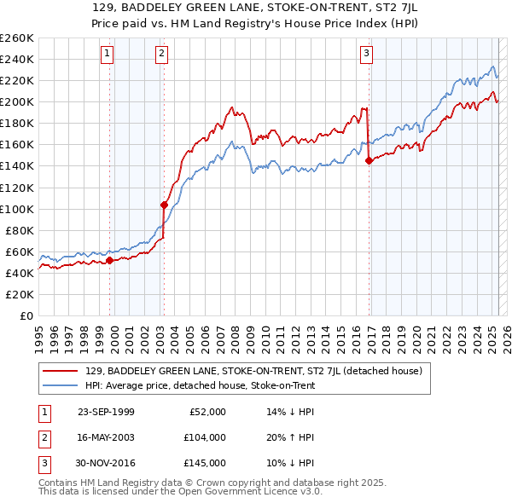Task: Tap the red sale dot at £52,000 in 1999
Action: click(109, 260)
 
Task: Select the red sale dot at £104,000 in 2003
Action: click(164, 205)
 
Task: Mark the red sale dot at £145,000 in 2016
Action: click(369, 160)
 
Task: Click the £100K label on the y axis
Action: click(16, 209)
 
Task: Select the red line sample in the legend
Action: click(61, 371)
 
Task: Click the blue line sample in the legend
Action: click(61, 385)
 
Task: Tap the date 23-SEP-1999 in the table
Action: click(106, 412)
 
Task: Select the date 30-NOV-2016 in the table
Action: click(106, 463)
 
